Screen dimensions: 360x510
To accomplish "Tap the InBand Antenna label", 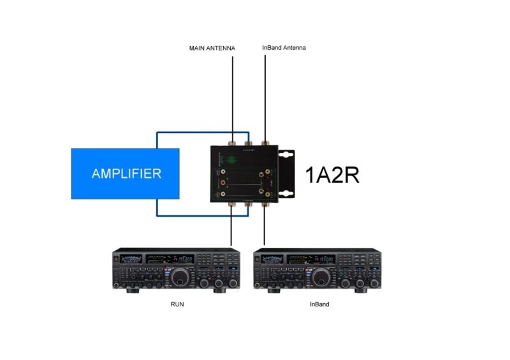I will tap(284, 48).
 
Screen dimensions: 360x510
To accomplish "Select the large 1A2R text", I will tap(332, 174).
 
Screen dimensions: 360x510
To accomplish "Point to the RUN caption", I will tap(177, 305).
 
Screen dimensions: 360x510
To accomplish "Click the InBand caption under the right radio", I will tap(319, 305).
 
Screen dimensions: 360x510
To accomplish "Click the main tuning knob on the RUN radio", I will tap(180, 277).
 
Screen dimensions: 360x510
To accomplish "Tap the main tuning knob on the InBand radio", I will tap(321, 277).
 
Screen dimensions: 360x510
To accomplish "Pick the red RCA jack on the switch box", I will tap(223, 183).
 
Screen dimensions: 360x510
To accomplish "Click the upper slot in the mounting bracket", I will tap(287, 155).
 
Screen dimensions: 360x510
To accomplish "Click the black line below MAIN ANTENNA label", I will tap(233, 96).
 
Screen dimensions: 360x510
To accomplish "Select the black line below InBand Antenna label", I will tap(265, 96).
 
